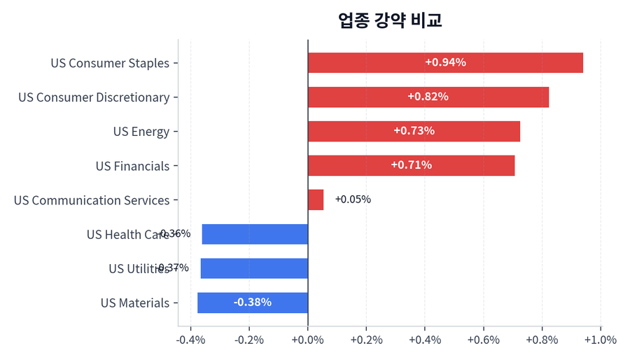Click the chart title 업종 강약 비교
point(390,20)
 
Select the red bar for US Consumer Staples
point(445,62)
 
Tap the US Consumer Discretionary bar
point(428,97)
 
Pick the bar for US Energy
point(414,131)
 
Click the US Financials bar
point(411,165)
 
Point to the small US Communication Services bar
point(316,200)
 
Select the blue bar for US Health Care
point(255,234)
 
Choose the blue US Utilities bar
point(254,268)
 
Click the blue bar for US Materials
point(253,303)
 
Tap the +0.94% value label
point(445,62)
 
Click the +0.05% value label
point(353,200)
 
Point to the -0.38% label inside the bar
point(253,303)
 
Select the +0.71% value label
point(411,165)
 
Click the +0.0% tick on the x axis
point(308,340)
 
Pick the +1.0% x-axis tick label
point(600,340)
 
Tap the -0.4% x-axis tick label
point(190,340)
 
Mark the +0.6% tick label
point(483,340)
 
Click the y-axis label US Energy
point(141,132)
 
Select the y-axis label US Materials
point(134,303)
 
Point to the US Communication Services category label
point(91,200)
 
